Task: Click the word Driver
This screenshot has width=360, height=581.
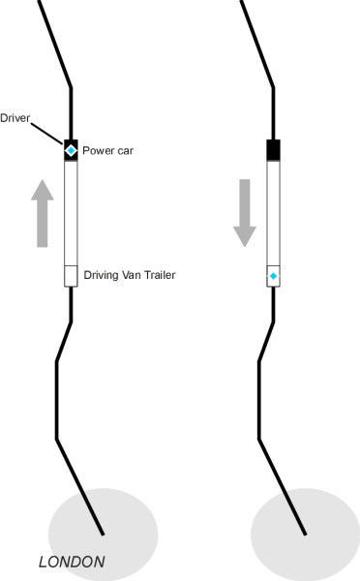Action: [x=15, y=118]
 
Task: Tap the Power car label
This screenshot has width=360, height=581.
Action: [x=107, y=151]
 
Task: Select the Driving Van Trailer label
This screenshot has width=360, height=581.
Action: [x=130, y=275]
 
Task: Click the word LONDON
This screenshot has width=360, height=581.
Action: [x=72, y=562]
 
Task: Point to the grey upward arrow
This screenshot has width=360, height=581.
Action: [x=43, y=213]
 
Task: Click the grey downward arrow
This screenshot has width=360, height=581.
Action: [x=245, y=213]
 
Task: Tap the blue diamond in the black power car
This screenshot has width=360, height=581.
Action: [x=71, y=150]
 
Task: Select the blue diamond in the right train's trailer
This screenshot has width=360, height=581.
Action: [x=273, y=276]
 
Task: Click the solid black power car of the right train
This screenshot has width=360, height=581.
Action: [x=273, y=150]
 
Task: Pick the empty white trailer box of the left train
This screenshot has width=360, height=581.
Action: [x=71, y=276]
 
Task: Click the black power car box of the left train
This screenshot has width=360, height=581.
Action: [x=71, y=150]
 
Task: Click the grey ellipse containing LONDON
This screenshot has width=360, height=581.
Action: [x=104, y=534]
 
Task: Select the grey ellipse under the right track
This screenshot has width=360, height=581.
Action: [x=306, y=535]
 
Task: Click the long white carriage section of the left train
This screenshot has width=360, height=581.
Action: [x=71, y=213]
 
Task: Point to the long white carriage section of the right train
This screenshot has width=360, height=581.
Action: [x=273, y=213]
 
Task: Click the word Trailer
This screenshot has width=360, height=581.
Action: [x=160, y=275]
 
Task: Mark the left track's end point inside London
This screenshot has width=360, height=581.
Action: [x=103, y=535]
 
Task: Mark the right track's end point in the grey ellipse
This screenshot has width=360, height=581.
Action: [x=305, y=535]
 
